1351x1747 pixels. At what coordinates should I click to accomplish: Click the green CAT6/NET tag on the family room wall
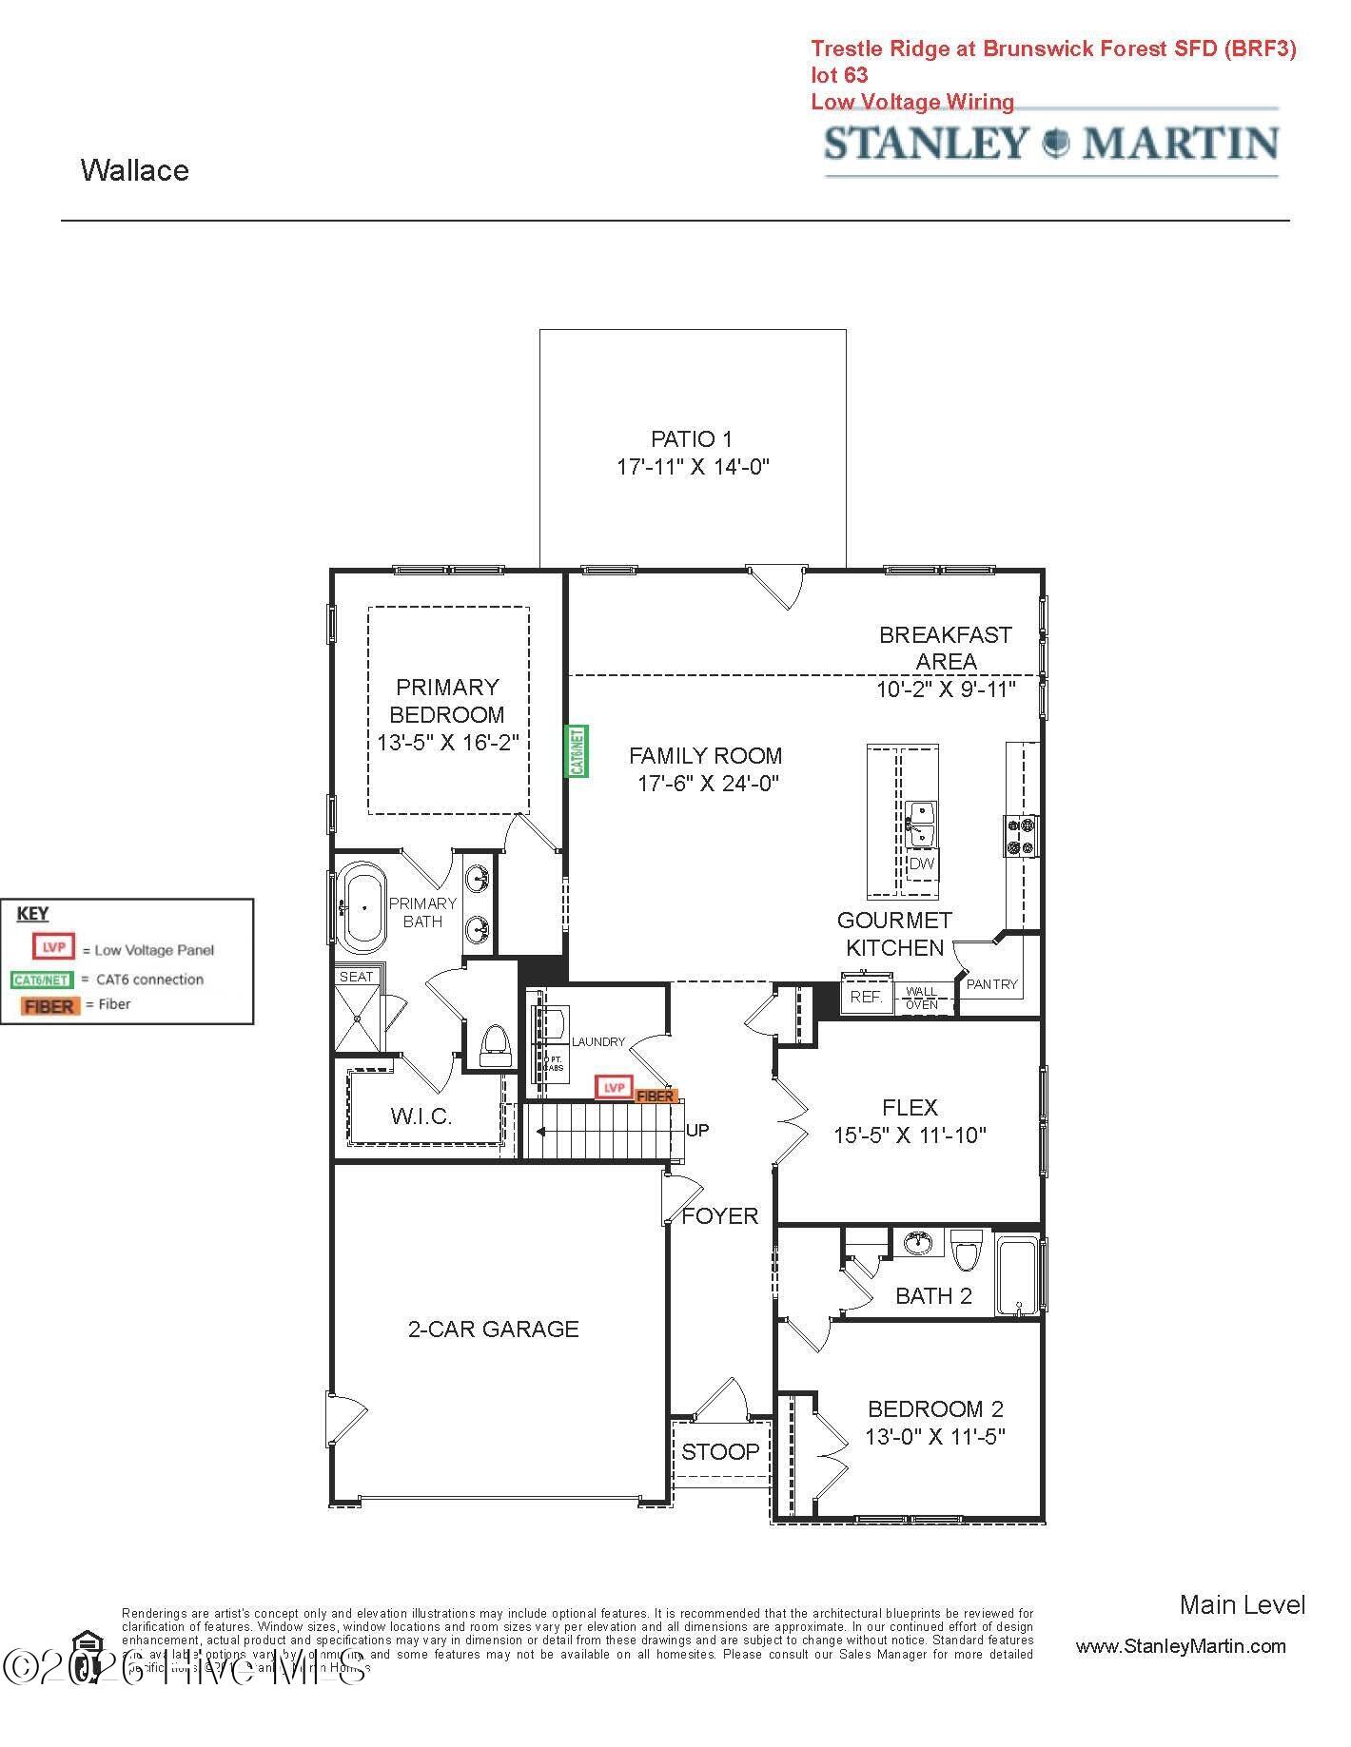click(x=577, y=751)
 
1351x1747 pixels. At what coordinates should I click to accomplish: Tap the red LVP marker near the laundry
click(x=615, y=1087)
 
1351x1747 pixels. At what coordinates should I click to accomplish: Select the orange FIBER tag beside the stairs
click(x=656, y=1097)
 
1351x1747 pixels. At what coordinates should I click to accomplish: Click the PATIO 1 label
click(x=692, y=439)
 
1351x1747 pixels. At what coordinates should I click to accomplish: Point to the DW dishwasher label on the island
click(x=921, y=864)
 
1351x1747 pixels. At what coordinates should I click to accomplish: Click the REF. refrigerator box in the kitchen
click(x=866, y=997)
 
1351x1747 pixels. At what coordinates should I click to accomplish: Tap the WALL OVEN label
click(x=921, y=998)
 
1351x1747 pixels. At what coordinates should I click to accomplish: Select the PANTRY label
click(x=991, y=984)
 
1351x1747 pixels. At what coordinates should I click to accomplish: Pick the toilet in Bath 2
click(x=967, y=1251)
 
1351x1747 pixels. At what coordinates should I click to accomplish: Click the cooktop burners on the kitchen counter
click(x=1021, y=836)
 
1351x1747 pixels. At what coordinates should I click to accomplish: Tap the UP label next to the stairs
click(x=697, y=1131)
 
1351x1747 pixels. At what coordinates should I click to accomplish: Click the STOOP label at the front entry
click(x=720, y=1451)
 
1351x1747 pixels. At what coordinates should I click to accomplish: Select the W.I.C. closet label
click(x=421, y=1116)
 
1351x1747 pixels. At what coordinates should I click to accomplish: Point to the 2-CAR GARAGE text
click(x=493, y=1329)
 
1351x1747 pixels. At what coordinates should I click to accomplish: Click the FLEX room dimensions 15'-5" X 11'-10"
click(x=910, y=1135)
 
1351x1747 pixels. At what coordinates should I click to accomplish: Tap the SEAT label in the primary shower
click(x=357, y=977)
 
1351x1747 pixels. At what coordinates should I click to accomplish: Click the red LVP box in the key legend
click(x=53, y=947)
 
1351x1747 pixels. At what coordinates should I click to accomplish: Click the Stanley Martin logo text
click(x=1050, y=143)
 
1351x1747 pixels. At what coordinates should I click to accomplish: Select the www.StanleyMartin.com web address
click(x=1180, y=1646)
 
